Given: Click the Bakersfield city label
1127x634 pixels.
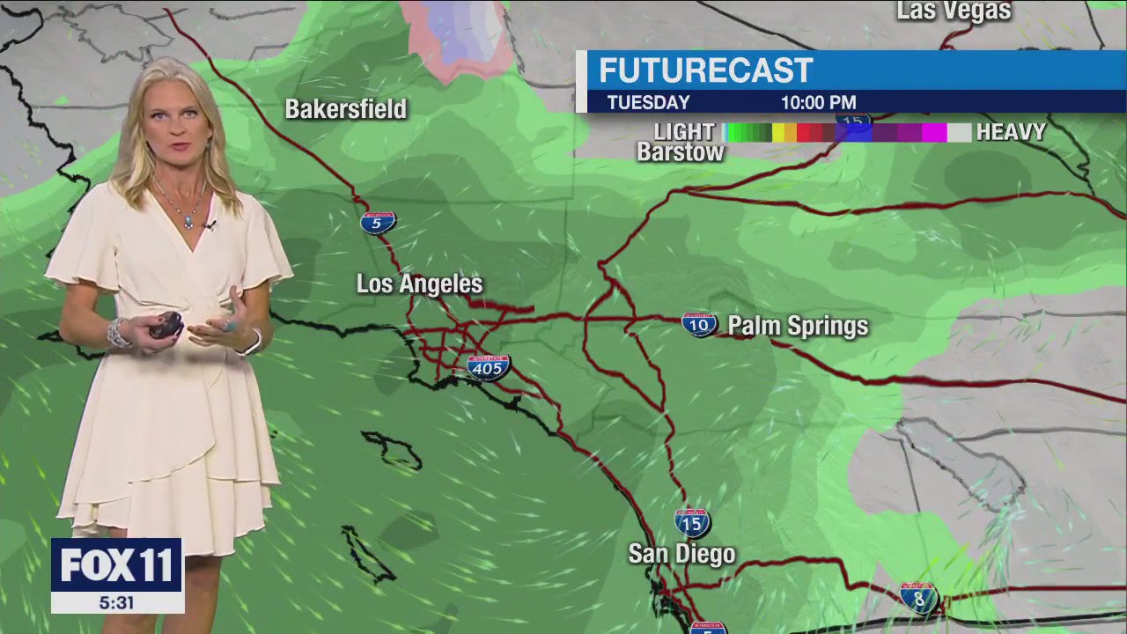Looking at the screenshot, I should pyautogui.click(x=345, y=109).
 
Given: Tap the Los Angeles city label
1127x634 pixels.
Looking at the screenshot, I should pyautogui.click(x=419, y=284).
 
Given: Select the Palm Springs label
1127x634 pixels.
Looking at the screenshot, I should pyautogui.click(x=798, y=327).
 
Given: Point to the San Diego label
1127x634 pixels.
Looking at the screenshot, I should pyautogui.click(x=681, y=554).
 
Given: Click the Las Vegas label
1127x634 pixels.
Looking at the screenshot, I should pyautogui.click(x=954, y=11).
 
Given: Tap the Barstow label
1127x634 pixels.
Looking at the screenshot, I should pyautogui.click(x=681, y=152).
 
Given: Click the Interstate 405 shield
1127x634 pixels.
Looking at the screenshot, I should pyautogui.click(x=488, y=367).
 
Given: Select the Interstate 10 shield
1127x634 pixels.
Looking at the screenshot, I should pyautogui.click(x=699, y=324).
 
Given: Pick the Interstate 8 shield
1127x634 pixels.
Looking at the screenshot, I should pyautogui.click(x=918, y=597).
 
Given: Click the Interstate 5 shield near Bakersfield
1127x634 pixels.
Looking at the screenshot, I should pyautogui.click(x=378, y=222).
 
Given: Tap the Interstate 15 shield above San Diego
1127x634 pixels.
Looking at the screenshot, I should pyautogui.click(x=692, y=523).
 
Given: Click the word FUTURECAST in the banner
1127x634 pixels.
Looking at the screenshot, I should pyautogui.click(x=705, y=71).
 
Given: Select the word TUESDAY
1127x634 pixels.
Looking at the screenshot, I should pyautogui.click(x=648, y=102).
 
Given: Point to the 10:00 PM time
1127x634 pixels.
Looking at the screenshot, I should pyautogui.click(x=818, y=102).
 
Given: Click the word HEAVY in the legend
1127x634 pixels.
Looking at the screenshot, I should pyautogui.click(x=1011, y=133).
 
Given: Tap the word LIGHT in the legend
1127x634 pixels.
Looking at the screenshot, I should pyautogui.click(x=684, y=132).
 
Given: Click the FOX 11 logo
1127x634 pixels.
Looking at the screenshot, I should pyautogui.click(x=116, y=565).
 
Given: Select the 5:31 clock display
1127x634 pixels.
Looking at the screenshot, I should pyautogui.click(x=116, y=603).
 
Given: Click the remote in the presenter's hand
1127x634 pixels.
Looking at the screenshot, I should pyautogui.click(x=166, y=325).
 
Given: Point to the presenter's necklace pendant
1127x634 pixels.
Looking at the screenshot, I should pyautogui.click(x=188, y=222).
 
